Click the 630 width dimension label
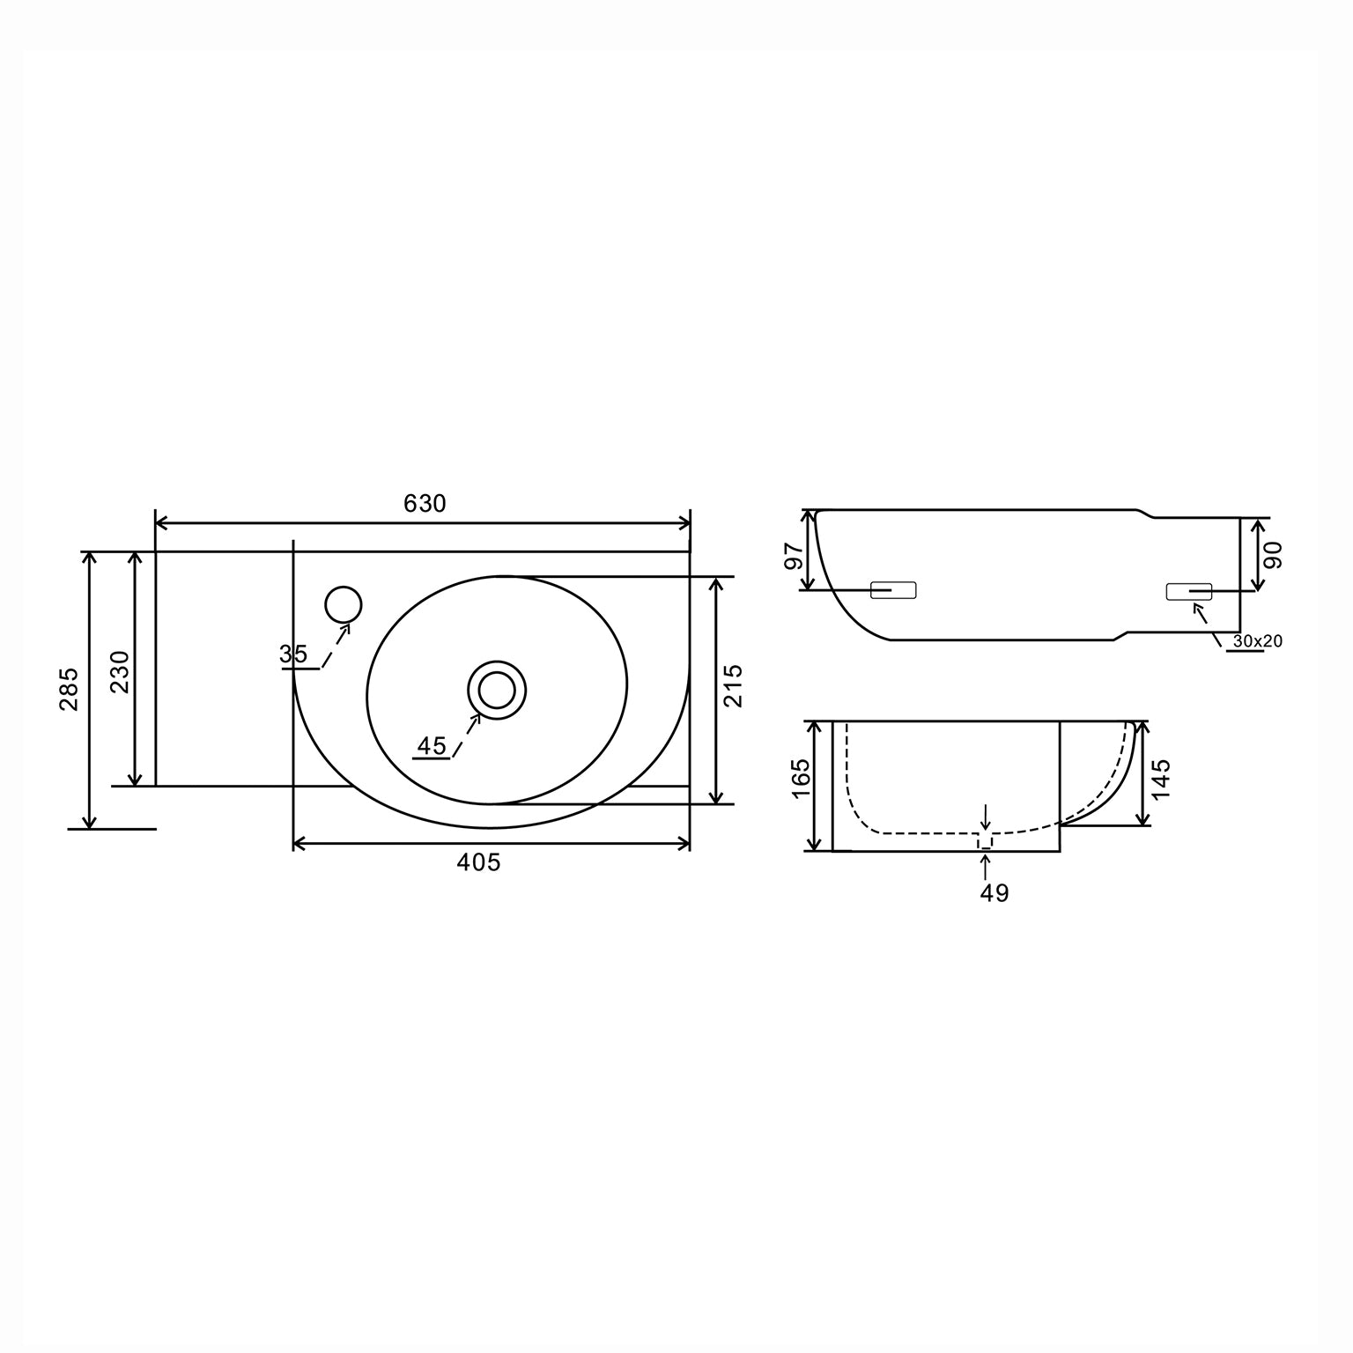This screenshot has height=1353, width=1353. tap(425, 504)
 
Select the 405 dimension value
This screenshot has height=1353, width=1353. tap(478, 862)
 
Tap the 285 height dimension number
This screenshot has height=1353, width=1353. tap(70, 689)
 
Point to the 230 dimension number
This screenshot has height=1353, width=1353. tap(119, 671)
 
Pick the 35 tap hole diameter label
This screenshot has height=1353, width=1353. tap(293, 654)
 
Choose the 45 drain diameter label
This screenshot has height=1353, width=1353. tap(432, 746)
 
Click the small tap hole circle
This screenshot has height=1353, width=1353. tap(343, 604)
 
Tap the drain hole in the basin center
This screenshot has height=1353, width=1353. tap(497, 689)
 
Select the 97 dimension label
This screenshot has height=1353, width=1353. tap(794, 556)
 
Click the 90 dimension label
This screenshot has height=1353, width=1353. tap(1274, 555)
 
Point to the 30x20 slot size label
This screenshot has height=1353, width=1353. tap(1257, 641)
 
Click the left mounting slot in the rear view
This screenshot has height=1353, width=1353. tap(893, 590)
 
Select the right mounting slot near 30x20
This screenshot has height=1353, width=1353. tap(1188, 592)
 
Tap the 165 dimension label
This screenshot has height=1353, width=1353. tap(801, 779)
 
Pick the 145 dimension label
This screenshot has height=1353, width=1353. tap(1162, 778)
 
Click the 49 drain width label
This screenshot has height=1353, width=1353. tap(994, 893)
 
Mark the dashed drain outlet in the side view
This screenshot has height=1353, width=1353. tap(985, 841)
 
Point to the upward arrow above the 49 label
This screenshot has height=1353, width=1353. tap(985, 865)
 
